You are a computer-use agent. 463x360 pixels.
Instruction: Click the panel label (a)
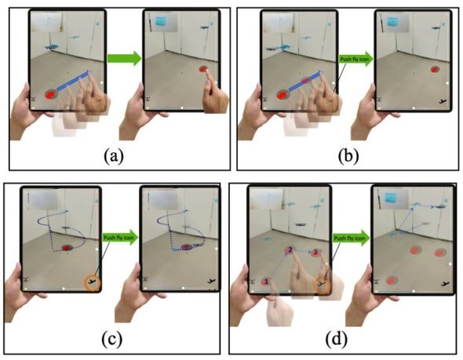[114, 156]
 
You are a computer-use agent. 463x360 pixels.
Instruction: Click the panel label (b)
[348, 156]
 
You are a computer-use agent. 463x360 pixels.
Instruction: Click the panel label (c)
[111, 339]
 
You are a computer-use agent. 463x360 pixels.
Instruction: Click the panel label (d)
[337, 339]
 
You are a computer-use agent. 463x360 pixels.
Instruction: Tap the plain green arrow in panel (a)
[124, 58]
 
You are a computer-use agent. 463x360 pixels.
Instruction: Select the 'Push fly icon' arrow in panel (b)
[355, 59]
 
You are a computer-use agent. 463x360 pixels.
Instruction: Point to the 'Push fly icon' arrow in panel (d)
[352, 238]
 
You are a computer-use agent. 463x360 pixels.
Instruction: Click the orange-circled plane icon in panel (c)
[93, 283]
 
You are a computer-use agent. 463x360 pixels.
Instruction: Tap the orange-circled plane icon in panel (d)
[321, 285]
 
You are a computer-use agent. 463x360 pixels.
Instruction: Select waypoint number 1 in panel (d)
[266, 282]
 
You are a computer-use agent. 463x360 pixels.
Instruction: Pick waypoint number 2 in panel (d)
[290, 250]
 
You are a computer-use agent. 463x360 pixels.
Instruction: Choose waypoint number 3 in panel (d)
[315, 253]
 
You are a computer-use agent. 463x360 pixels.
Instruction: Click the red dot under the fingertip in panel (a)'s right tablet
[202, 69]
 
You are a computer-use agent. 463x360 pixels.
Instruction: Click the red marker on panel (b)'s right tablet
[435, 70]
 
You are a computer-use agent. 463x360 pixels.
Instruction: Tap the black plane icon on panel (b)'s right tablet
[443, 102]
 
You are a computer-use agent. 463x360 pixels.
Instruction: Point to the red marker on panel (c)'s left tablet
[67, 248]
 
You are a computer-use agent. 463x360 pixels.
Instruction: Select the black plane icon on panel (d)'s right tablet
[445, 284]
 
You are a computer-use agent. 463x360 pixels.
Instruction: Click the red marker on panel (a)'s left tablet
[50, 94]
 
